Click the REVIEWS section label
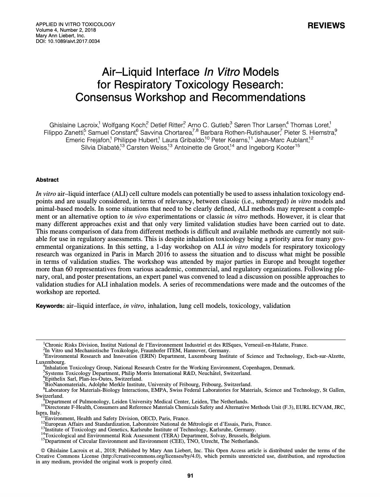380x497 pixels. (x=326, y=26)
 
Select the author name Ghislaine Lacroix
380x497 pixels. (x=73, y=125)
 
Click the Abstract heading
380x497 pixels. (x=47, y=180)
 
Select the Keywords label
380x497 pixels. (x=50, y=306)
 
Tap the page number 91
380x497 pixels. (x=190, y=476)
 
